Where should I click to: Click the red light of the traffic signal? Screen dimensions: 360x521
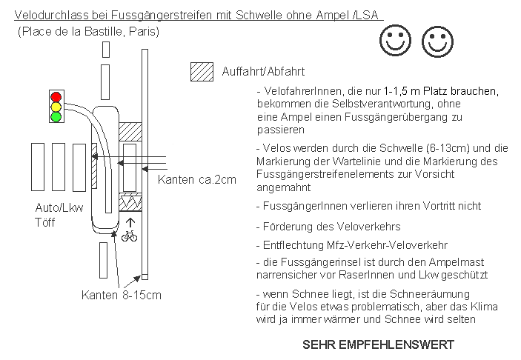[x=56, y=97]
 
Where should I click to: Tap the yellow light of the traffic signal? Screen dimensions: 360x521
[x=56, y=107]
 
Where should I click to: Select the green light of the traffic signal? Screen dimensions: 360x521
[x=56, y=116]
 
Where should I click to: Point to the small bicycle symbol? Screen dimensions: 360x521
[x=129, y=236]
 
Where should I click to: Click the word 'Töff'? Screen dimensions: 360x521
[x=46, y=221]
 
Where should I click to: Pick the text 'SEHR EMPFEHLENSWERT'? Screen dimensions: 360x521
[x=378, y=345]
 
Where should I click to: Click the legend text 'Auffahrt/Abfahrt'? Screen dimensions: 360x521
[x=264, y=72]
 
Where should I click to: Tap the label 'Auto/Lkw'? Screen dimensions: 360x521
[x=57, y=208]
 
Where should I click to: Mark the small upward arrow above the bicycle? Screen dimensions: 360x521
[x=130, y=220]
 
